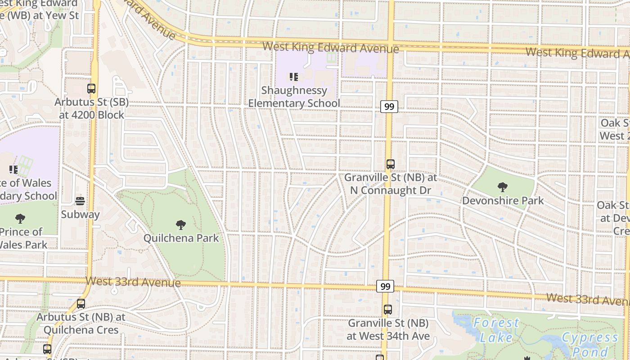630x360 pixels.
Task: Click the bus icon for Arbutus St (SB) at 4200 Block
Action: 91,89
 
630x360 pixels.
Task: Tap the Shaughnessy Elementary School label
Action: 294,97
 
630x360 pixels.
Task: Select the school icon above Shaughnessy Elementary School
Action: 294,77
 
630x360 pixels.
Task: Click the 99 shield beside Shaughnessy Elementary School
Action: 389,107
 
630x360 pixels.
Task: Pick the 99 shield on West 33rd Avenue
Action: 385,286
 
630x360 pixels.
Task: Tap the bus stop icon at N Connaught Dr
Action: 391,164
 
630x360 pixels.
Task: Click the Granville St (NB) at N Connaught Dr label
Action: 391,184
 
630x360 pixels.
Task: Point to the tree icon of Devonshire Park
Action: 503,187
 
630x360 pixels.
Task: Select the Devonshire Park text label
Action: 503,200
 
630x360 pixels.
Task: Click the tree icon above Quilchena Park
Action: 181,225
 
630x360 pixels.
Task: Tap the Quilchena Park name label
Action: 181,238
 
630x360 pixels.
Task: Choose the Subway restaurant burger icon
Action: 80,201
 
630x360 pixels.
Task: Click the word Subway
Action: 80,214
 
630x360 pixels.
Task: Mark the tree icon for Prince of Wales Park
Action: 20,219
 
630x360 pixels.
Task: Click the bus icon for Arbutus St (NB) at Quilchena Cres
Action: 81,304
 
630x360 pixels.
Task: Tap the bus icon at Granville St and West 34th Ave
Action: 388,310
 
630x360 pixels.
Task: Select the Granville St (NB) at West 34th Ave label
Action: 388,329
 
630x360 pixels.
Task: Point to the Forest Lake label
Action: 496,330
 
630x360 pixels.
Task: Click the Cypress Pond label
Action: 589,344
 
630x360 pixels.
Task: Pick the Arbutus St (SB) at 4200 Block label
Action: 91,108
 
